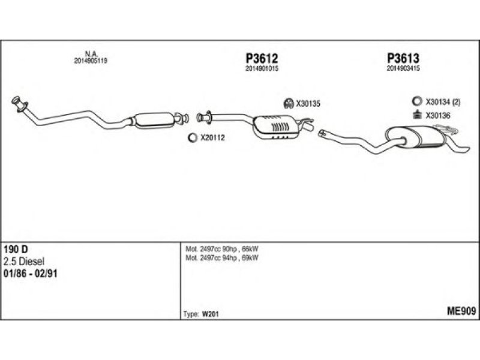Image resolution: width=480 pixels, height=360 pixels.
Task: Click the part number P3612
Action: [262, 58]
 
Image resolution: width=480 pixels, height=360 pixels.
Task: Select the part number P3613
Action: [403, 58]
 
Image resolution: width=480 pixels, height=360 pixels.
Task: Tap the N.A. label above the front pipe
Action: [91, 54]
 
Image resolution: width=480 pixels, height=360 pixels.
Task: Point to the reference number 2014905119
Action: [91, 61]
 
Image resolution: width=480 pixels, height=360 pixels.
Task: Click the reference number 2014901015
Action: [262, 69]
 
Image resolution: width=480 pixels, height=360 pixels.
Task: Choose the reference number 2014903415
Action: [403, 68]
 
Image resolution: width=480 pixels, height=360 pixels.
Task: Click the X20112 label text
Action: [213, 138]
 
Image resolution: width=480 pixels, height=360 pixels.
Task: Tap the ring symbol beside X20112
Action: [193, 138]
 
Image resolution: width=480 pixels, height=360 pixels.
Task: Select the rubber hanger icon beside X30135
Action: [289, 103]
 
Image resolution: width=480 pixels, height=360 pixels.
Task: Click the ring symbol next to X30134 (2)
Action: [416, 101]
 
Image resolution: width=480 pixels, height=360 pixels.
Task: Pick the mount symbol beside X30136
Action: [416, 115]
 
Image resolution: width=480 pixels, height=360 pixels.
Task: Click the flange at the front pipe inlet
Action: [19, 104]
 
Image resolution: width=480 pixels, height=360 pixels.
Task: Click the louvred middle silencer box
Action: [275, 127]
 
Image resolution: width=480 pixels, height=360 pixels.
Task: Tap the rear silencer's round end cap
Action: [396, 137]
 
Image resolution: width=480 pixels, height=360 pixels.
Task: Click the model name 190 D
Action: [16, 249]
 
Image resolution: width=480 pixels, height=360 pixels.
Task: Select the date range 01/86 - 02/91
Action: [31, 274]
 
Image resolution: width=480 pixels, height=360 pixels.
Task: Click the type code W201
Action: [211, 314]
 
